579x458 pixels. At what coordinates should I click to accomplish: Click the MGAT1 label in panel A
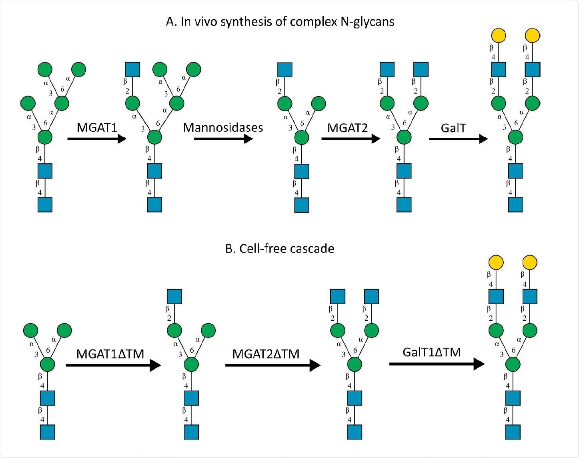[97, 127]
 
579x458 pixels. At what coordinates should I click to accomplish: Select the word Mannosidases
[223, 128]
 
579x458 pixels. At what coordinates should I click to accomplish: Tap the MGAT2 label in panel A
[347, 128]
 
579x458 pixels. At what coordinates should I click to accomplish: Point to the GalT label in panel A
[453, 128]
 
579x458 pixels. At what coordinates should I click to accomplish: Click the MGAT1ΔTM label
[110, 354]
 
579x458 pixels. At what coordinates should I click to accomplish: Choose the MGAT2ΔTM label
[266, 354]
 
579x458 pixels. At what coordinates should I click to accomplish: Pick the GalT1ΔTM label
[432, 352]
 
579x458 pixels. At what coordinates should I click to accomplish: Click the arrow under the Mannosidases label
[223, 139]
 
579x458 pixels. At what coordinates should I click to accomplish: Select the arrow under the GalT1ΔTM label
[437, 364]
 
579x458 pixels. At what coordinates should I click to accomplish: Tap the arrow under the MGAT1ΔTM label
[113, 365]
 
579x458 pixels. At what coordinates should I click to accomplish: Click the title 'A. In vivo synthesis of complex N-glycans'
[280, 21]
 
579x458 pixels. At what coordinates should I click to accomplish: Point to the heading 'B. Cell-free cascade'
[280, 249]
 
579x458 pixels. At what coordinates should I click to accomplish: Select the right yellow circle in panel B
[530, 263]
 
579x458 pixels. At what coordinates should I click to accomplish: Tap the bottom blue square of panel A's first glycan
[45, 205]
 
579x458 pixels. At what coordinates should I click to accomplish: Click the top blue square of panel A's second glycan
[132, 69]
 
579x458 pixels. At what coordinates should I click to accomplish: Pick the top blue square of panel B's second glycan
[174, 297]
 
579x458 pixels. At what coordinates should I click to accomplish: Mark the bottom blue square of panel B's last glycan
[513, 432]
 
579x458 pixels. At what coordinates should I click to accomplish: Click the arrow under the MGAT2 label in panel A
[351, 139]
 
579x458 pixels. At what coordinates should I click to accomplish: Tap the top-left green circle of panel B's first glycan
[31, 331]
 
